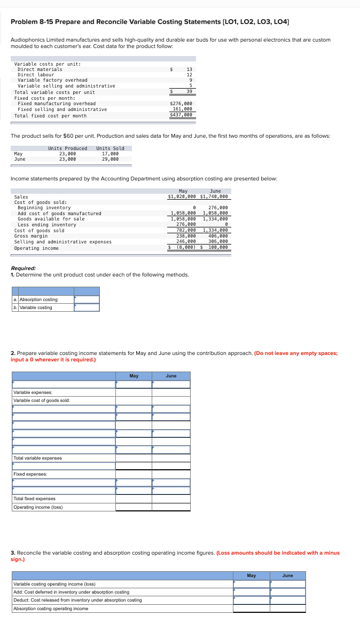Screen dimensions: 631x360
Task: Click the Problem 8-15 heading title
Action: coord(150,21)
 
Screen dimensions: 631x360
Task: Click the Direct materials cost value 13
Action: coord(189,69)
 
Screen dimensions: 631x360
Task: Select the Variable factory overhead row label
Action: coord(52,80)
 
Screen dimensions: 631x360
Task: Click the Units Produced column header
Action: coord(67,148)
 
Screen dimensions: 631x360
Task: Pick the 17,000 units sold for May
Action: coord(110,154)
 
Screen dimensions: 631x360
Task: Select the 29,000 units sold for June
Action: coord(110,159)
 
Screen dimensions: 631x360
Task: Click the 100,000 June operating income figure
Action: coord(218,248)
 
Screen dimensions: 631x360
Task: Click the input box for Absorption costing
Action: coord(87,299)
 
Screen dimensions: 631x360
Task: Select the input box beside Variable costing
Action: coord(87,307)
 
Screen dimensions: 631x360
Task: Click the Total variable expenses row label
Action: coord(37,458)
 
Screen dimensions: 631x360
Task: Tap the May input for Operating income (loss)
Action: coord(134,507)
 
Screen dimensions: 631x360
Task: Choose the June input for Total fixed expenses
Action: coord(171,499)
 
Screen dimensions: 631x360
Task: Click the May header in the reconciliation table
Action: coord(251,575)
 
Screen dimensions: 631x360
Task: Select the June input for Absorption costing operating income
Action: coord(287,609)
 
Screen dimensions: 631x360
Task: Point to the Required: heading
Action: coord(24,268)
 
